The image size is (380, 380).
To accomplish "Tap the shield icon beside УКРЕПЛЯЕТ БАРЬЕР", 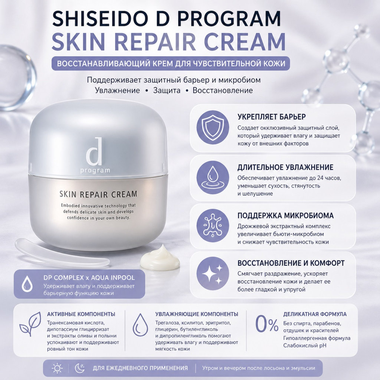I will tap(213, 127).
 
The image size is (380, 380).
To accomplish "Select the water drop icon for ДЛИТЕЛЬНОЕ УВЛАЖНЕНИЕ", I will tap(213, 177).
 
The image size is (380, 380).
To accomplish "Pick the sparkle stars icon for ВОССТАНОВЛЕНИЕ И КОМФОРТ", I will tap(213, 273).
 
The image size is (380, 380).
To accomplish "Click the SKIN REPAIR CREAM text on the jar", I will tap(98, 194).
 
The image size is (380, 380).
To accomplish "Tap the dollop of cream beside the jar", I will tap(160, 257).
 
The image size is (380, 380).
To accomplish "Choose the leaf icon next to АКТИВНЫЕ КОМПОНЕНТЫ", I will tap(30, 324).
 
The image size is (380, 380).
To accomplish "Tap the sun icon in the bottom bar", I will tap(57, 368).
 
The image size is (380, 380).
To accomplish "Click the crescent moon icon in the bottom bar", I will tap(79, 368).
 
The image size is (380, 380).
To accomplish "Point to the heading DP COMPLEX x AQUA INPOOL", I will tap(89, 278).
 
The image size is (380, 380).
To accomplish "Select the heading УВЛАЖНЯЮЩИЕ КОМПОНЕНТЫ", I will tap(197, 314).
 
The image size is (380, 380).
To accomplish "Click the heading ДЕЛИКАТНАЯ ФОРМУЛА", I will tap(315, 314).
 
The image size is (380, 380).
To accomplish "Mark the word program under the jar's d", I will tap(95, 170).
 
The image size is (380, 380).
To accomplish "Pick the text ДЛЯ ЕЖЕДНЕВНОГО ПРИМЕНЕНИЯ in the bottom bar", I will tap(140, 368).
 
